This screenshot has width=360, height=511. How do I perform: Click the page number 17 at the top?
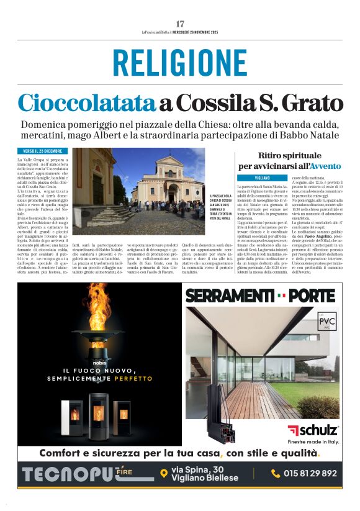click(x=180, y=24)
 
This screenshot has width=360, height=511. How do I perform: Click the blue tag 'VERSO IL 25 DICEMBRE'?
click(x=43, y=151)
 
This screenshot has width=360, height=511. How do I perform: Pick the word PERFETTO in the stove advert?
click(x=133, y=378)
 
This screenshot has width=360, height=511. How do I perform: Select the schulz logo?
click(x=313, y=430)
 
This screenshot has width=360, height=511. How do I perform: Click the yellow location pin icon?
click(x=164, y=473)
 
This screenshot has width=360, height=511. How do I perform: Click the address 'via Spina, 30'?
click(x=199, y=469)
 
